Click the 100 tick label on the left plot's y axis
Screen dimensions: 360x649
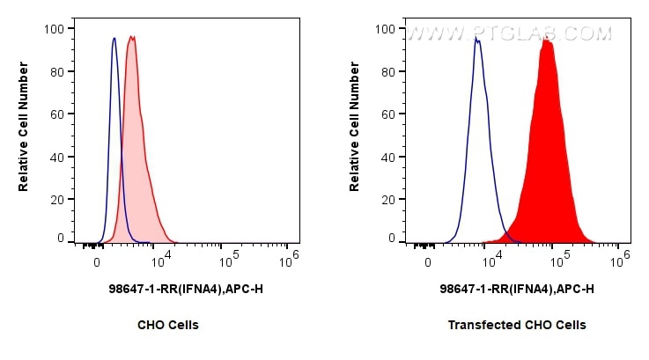(53, 29)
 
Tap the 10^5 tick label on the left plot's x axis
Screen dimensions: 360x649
(229, 261)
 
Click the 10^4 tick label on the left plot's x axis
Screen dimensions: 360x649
(160, 261)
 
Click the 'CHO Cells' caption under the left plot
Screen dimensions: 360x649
(167, 325)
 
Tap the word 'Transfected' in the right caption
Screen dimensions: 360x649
(478, 325)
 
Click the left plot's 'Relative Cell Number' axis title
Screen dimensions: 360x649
(24, 134)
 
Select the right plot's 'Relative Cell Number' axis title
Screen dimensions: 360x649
(355, 134)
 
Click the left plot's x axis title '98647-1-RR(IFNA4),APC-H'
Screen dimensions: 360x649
(168, 288)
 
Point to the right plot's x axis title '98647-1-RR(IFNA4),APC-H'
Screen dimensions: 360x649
(517, 288)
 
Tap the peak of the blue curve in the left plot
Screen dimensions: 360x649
(114, 39)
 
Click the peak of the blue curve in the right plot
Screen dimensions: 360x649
(477, 40)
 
